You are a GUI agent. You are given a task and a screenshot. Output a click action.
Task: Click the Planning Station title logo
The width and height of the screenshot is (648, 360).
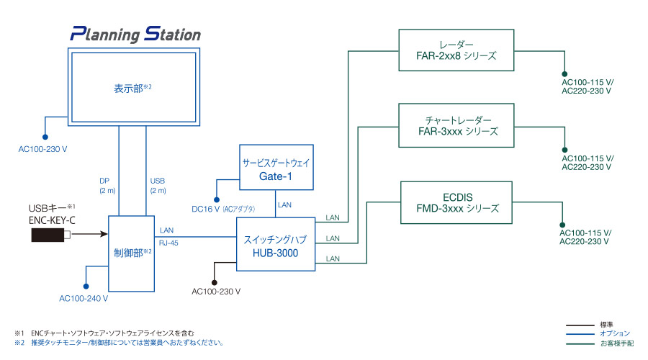135,34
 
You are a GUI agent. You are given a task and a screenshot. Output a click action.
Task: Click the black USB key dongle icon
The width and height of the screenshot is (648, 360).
50,235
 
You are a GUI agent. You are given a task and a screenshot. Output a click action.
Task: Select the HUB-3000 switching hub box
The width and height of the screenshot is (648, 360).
276,244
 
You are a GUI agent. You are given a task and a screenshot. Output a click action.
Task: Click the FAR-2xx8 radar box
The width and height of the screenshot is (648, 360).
457,50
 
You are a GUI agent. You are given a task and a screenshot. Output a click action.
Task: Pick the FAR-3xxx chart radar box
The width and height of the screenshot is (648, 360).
457,125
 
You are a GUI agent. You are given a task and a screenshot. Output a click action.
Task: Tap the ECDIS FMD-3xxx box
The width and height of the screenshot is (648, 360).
457,202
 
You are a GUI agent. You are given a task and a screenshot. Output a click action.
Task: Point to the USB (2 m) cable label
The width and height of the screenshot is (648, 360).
158,185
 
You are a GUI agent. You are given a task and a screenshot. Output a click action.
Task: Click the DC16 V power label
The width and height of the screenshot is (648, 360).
207,209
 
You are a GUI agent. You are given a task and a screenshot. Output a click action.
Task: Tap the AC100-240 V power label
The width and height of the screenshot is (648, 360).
84,297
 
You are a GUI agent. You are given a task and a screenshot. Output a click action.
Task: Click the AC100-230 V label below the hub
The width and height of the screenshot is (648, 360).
216,292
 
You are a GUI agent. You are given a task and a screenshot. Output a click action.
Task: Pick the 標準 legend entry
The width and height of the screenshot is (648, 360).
606,325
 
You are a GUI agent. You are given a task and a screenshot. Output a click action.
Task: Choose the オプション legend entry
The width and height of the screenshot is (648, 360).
614,333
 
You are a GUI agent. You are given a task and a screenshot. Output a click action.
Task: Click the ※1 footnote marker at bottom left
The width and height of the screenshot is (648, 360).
19,333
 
